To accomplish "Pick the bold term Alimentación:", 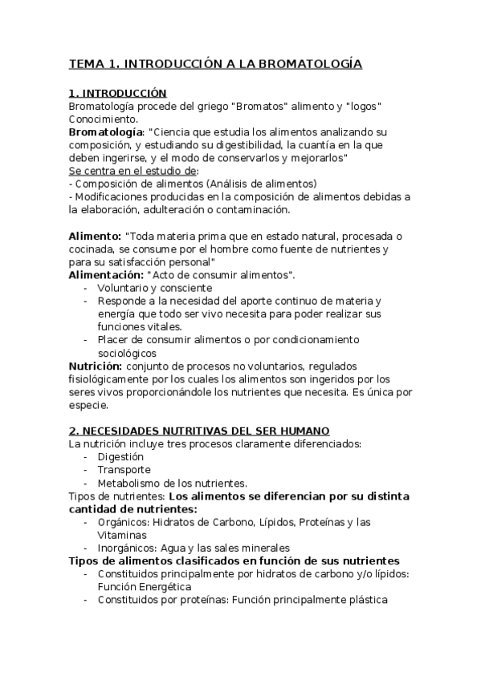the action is [x=105, y=275].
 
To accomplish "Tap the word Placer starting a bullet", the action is [x=113, y=339].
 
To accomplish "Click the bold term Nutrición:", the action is [x=96, y=366].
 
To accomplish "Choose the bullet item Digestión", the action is [x=121, y=456].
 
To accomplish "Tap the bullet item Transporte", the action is [x=124, y=469].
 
